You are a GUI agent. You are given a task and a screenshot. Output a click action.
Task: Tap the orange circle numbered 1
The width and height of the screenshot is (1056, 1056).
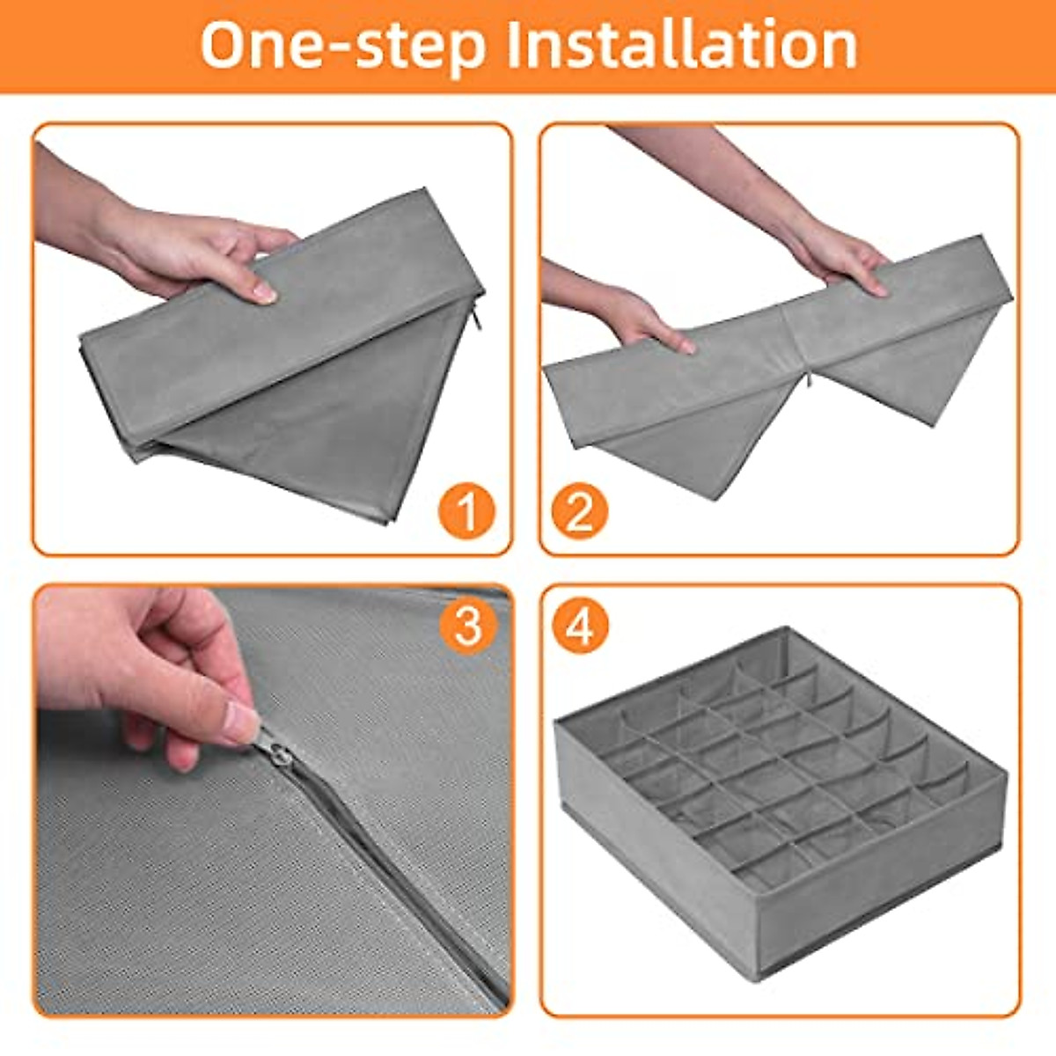point(466,510)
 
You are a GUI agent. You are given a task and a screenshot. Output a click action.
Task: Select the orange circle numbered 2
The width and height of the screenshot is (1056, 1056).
point(579,510)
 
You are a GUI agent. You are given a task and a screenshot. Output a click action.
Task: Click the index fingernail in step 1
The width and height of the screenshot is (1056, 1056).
point(265,294)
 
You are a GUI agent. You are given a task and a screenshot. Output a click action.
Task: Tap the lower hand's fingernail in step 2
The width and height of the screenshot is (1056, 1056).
point(685,347)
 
